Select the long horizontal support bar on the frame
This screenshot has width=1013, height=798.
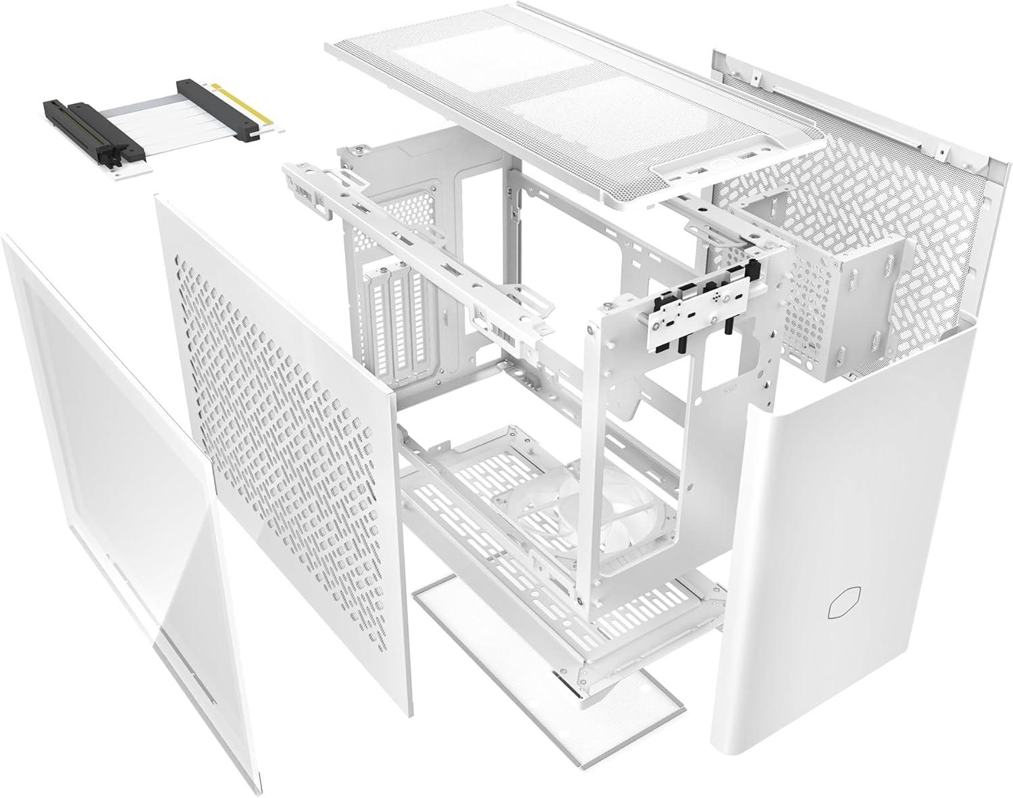(x=405, y=250)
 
